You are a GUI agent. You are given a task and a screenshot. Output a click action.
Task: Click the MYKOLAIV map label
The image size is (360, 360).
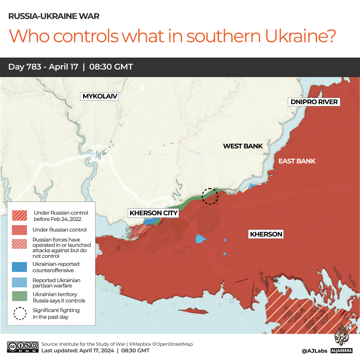pyautogui.click(x=100, y=96)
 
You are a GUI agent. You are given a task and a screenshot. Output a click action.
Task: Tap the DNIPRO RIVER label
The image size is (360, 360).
pyautogui.click(x=314, y=102)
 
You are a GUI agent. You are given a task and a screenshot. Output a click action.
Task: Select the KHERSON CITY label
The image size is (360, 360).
pyautogui.click(x=153, y=213)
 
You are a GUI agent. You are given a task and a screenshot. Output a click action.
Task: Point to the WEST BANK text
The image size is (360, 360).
pyautogui.click(x=243, y=146)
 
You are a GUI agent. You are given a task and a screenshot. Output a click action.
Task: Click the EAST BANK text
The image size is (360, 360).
pyautogui.click(x=297, y=161)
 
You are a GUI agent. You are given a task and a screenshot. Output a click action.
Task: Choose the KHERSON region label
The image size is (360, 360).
pyautogui.click(x=266, y=234)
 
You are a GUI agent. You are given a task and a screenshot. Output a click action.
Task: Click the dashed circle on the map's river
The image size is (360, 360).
pyautogui.click(x=210, y=196)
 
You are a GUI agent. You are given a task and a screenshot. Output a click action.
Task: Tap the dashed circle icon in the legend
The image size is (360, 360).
pyautogui.click(x=20, y=313)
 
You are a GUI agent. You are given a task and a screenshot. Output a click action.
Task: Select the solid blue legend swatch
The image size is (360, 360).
pyautogui.click(x=19, y=267)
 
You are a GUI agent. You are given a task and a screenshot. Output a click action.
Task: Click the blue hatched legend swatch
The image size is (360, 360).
pyautogui.click(x=19, y=283)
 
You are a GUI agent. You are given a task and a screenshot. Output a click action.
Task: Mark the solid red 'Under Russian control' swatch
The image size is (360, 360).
pyautogui.click(x=19, y=230)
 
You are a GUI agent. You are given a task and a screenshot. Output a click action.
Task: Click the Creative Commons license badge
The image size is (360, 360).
pyautogui.click(x=23, y=347)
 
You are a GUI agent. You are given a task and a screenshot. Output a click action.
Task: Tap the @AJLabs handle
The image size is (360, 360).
pyautogui.click(x=314, y=351)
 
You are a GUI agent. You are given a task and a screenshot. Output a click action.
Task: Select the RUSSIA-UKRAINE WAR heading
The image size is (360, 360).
pyautogui.click(x=54, y=16)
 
